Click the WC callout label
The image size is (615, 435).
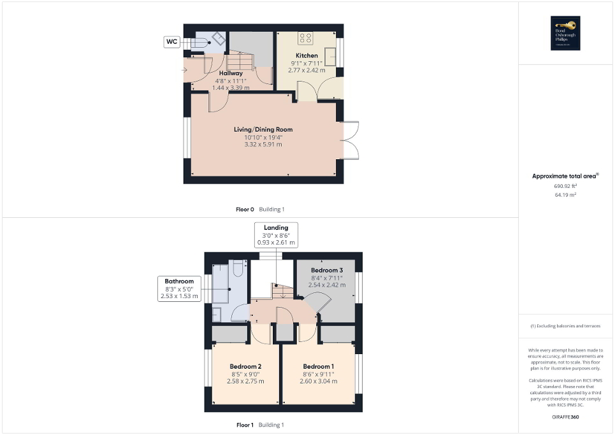[x=171, y=42]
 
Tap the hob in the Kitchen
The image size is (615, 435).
[x=305, y=38]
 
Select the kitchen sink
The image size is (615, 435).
[x=331, y=57]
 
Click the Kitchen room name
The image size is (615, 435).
[x=306, y=55]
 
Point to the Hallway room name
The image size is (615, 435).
[x=230, y=73]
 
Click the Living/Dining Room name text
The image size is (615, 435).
[x=263, y=129]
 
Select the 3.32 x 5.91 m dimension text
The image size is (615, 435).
[x=263, y=145]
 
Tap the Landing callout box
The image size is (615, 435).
[x=276, y=235]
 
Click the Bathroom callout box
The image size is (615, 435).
[x=179, y=289]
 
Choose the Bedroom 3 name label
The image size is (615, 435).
[x=326, y=270]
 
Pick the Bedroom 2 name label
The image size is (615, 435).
[x=245, y=366]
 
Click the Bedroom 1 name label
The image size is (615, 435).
[x=318, y=366]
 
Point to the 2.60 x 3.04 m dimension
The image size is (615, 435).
[x=318, y=382]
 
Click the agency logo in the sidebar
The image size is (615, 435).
[x=565, y=32]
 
